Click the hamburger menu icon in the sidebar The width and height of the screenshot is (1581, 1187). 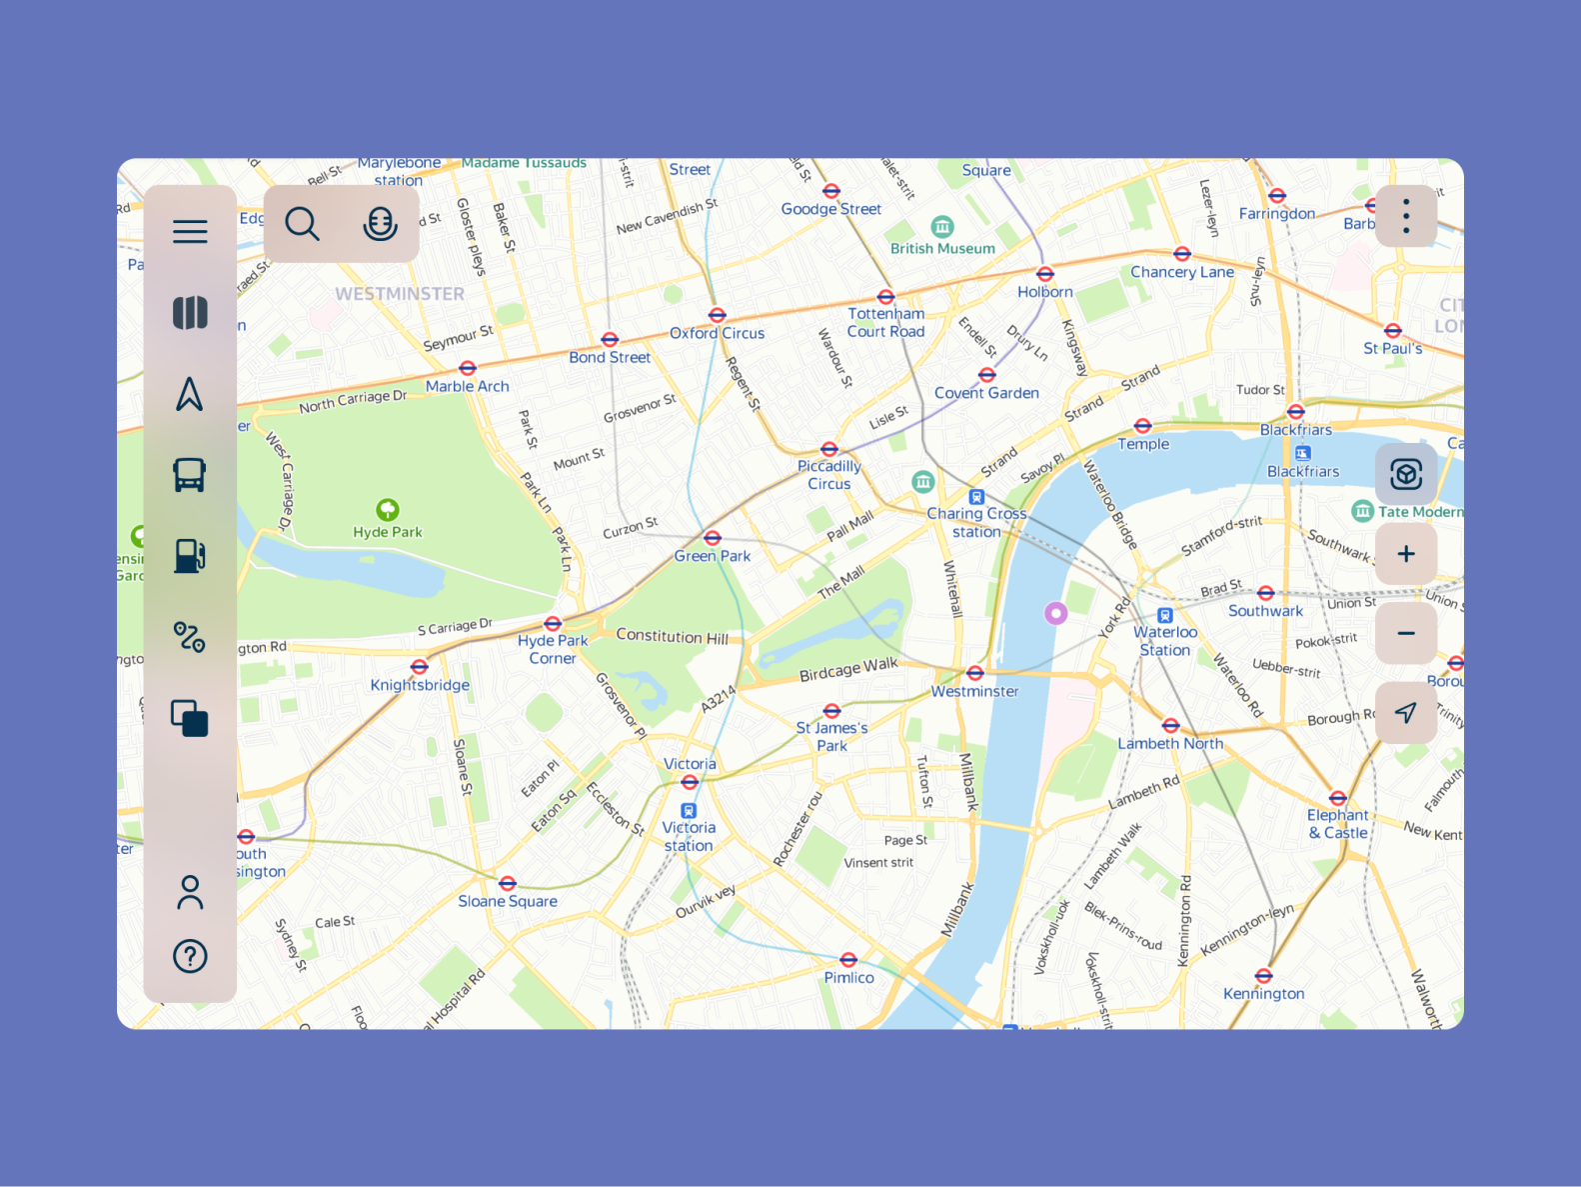190,232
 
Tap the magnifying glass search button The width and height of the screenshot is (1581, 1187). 302,224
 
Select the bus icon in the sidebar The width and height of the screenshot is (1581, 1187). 190,475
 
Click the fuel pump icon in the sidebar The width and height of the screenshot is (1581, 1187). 190,556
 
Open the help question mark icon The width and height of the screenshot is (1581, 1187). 190,956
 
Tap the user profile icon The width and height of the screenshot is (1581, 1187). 190,892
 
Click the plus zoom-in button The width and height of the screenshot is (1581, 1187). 1405,554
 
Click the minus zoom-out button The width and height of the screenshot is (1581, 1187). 1405,633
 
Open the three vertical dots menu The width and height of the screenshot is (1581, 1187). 1405,216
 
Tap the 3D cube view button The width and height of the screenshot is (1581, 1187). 1405,474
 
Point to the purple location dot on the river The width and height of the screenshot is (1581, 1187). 1055,613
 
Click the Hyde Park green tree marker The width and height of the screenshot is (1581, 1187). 388,510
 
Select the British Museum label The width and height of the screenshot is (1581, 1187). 942,248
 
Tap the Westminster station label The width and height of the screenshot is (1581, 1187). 974,691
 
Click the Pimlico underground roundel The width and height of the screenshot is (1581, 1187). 848,960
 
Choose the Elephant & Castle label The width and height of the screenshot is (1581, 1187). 1337,824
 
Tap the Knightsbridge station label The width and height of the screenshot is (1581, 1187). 420,685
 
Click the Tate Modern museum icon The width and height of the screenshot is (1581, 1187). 1362,512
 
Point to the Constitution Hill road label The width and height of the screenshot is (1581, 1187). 672,636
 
